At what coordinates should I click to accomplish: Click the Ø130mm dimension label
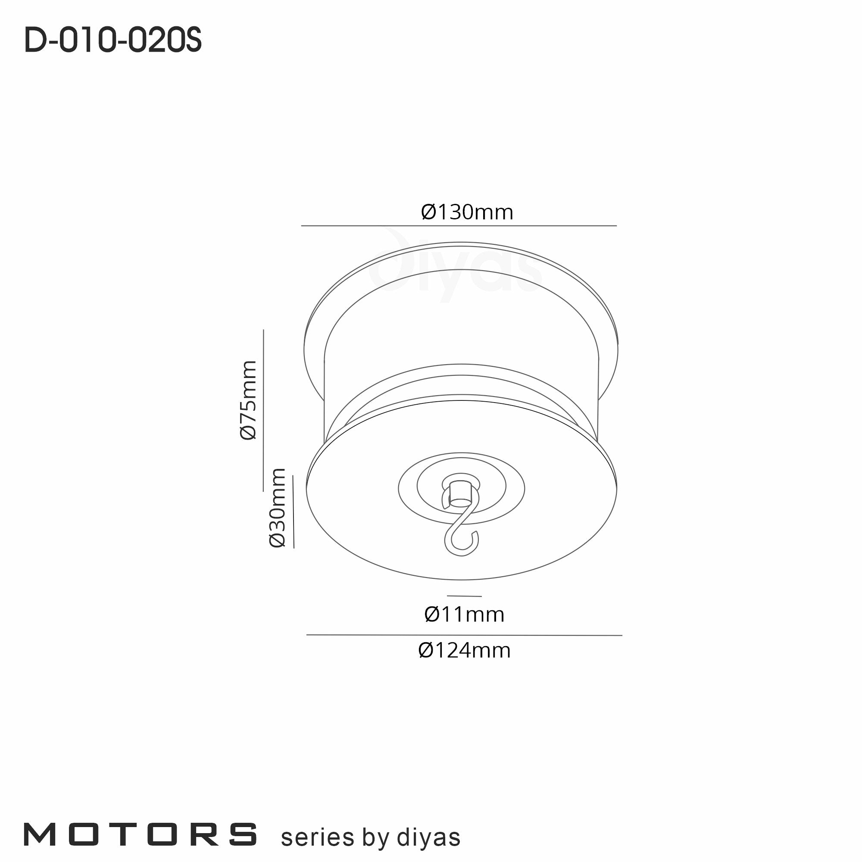[467, 212]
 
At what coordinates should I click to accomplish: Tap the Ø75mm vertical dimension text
[249, 400]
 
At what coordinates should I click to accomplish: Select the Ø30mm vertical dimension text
[277, 507]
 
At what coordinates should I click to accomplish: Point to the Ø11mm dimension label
[465, 614]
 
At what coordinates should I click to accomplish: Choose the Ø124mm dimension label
[465, 650]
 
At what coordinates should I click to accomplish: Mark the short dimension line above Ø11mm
[464, 596]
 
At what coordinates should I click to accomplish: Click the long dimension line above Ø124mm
[464, 635]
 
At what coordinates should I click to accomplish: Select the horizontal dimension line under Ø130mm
[459, 226]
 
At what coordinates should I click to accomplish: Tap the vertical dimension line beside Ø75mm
[263, 410]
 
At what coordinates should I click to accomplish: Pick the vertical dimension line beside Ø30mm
[293, 511]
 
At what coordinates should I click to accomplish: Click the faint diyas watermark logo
[455, 268]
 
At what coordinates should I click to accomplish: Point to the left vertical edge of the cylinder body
[324, 397]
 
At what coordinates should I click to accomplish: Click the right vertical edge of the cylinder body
[597, 397]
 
